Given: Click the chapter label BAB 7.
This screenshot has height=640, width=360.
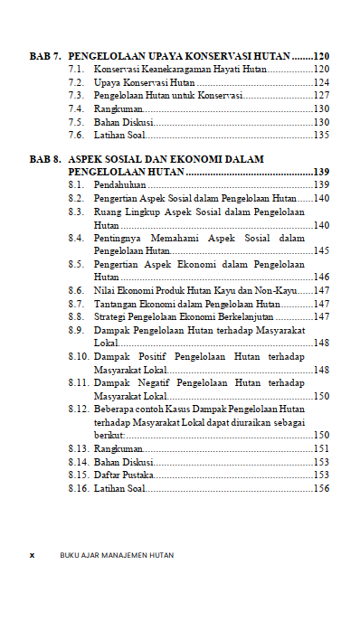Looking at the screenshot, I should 45,56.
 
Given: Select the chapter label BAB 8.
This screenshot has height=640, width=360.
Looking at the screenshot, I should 45,159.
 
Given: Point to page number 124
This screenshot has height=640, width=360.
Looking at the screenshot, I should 320,82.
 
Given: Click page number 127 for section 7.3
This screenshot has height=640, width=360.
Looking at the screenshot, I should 320,95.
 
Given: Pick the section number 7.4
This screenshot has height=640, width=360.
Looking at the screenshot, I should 76,108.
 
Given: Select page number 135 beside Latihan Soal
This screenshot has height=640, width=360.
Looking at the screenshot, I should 320,135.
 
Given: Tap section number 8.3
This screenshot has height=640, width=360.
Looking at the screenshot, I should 76,211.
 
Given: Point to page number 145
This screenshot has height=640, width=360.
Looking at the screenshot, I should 320,250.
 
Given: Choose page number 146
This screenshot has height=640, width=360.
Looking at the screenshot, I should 320,277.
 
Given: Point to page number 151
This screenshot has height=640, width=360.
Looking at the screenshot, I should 320,448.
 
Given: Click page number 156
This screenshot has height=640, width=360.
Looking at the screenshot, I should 320,488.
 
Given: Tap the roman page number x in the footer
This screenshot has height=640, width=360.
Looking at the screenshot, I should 32,555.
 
